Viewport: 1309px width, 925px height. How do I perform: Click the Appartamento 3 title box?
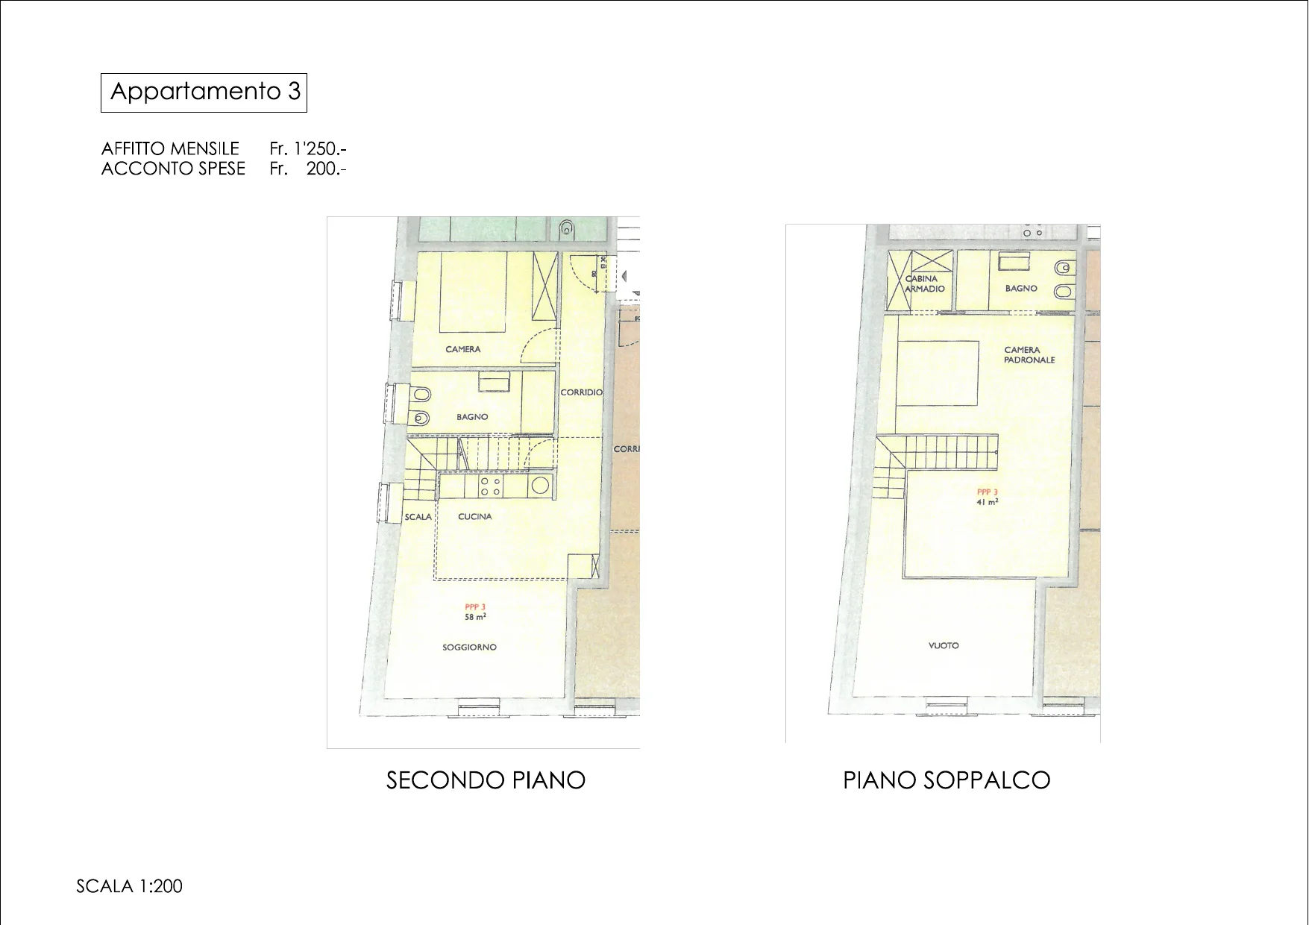pyautogui.click(x=204, y=92)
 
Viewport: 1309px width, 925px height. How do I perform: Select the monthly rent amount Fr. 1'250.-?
pyautogui.click(x=308, y=148)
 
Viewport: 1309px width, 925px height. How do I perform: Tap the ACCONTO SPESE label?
pyautogui.click(x=173, y=169)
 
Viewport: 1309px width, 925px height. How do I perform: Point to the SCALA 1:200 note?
pyautogui.click(x=129, y=886)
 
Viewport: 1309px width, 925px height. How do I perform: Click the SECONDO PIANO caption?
pyautogui.click(x=486, y=780)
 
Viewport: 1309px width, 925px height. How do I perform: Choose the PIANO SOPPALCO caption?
pyautogui.click(x=947, y=780)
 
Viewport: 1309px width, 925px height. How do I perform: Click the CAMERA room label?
pyautogui.click(x=463, y=349)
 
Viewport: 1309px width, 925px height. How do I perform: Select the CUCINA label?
pyautogui.click(x=475, y=516)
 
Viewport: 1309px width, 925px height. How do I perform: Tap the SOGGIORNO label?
pyautogui.click(x=469, y=647)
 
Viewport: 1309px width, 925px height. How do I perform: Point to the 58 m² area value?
pyautogui.click(x=476, y=617)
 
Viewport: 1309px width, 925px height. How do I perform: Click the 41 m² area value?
pyautogui.click(x=988, y=502)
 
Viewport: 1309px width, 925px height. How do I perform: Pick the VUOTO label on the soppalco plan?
pyautogui.click(x=944, y=645)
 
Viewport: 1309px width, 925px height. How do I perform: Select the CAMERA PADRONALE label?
pyautogui.click(x=1029, y=354)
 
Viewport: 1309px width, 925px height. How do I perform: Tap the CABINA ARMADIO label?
pyautogui.click(x=925, y=283)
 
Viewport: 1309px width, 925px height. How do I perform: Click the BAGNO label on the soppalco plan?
pyautogui.click(x=1021, y=288)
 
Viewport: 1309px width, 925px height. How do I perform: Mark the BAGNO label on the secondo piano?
pyautogui.click(x=472, y=417)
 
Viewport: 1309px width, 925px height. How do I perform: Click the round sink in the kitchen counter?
pyautogui.click(x=539, y=486)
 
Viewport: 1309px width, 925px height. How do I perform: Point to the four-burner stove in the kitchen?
pyautogui.click(x=490, y=486)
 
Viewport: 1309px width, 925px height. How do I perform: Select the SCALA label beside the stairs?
pyautogui.click(x=418, y=516)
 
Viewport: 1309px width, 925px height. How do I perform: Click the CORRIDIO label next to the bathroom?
pyautogui.click(x=582, y=392)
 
